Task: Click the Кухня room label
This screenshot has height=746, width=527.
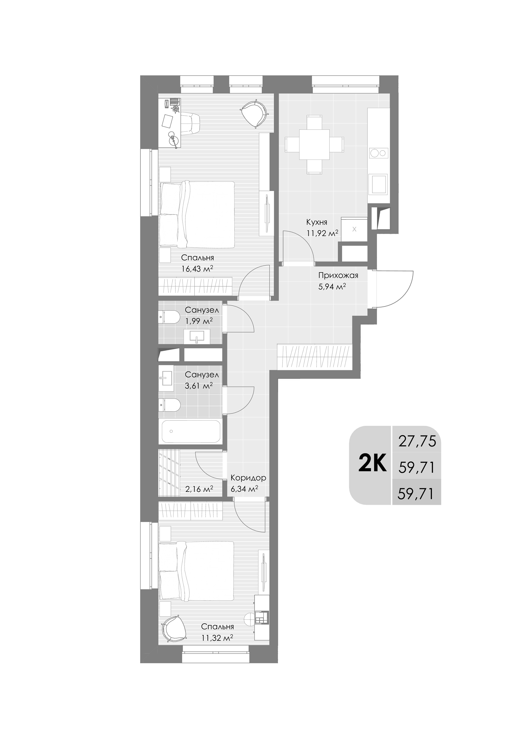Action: (x=317, y=222)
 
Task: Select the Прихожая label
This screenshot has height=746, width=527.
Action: (x=338, y=276)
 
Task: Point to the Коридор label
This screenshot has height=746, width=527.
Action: (x=248, y=478)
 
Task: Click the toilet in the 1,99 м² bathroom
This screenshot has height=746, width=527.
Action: (x=169, y=317)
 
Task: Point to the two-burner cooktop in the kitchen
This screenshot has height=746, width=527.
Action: (x=379, y=153)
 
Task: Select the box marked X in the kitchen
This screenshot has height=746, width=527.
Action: (x=354, y=229)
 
